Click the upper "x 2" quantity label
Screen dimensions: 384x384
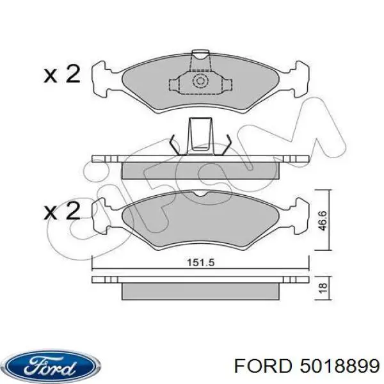(62, 75)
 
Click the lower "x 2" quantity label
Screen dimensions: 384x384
(62, 211)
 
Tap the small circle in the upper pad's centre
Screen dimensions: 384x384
(199, 81)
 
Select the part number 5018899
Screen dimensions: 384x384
(337, 367)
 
